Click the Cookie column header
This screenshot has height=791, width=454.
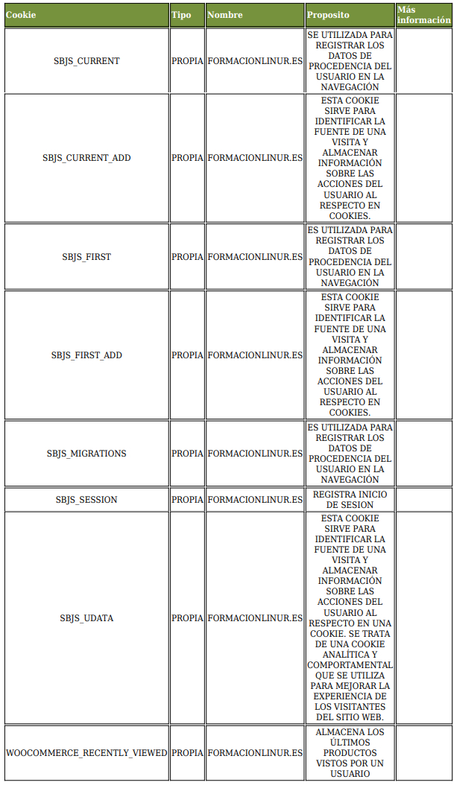(x=21, y=15)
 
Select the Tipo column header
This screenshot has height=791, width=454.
(x=181, y=15)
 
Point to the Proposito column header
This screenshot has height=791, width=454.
(x=328, y=15)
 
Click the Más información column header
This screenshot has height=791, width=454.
(x=423, y=15)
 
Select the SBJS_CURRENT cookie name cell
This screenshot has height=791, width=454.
(x=86, y=61)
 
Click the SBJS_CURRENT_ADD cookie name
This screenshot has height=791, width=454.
(x=86, y=158)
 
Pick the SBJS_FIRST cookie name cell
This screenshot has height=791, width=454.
(x=86, y=257)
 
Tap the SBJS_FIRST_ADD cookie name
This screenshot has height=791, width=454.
(x=86, y=355)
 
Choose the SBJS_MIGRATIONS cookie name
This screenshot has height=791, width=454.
(x=86, y=454)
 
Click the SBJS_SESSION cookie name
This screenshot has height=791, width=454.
(x=86, y=500)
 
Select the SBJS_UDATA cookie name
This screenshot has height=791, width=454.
(x=86, y=618)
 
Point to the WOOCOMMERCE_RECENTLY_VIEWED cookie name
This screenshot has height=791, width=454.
(x=86, y=753)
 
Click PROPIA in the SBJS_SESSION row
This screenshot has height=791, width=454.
(x=187, y=500)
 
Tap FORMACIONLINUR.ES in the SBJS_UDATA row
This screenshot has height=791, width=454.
(x=255, y=618)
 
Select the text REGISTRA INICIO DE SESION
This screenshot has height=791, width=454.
(x=350, y=500)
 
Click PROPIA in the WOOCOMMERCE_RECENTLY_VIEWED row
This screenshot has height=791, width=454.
(x=187, y=753)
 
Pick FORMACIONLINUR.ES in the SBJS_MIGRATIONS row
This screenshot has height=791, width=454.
(x=255, y=454)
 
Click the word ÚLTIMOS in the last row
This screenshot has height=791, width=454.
(x=350, y=743)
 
